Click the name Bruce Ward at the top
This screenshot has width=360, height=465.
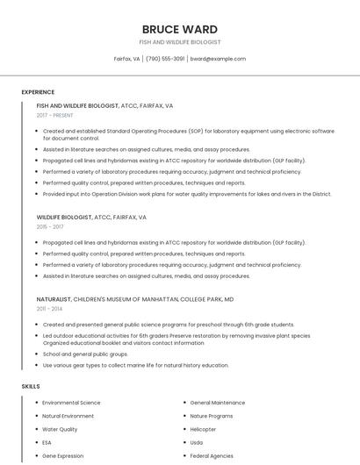click(x=180, y=29)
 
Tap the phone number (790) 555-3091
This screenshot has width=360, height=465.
click(x=165, y=59)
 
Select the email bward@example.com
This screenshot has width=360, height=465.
click(x=218, y=59)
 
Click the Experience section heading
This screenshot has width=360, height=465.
click(x=38, y=91)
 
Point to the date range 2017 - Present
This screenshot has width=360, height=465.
click(x=55, y=116)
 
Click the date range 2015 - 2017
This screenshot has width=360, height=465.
click(x=50, y=226)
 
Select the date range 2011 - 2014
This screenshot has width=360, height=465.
click(x=49, y=309)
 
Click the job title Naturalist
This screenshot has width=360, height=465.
click(x=54, y=299)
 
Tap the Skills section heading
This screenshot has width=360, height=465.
click(x=31, y=386)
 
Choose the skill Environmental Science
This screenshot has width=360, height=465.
click(x=71, y=403)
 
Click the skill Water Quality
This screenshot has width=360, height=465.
click(x=60, y=429)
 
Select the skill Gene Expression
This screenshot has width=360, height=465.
click(x=63, y=456)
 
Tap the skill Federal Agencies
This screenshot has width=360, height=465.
click(x=212, y=456)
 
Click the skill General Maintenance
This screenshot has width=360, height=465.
click(x=218, y=403)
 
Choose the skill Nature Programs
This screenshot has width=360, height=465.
click(x=212, y=416)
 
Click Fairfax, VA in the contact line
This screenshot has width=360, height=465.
click(x=126, y=59)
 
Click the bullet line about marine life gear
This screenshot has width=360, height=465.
click(x=136, y=365)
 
